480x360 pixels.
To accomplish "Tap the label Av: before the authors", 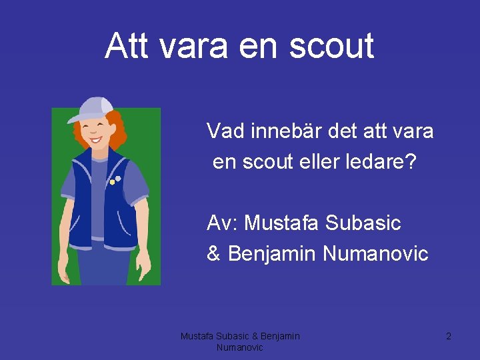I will click(x=222, y=223).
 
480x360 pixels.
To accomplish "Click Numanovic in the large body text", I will click(x=375, y=253).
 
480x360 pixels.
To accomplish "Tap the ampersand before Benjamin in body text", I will click(x=214, y=253).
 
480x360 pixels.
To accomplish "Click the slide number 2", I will click(x=449, y=337).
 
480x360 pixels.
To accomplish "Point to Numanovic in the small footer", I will click(x=240, y=347).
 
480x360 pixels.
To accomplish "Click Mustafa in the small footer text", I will click(x=197, y=337).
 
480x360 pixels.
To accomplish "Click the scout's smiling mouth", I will click(x=97, y=140).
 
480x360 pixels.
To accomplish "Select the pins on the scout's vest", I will click(x=115, y=180).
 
